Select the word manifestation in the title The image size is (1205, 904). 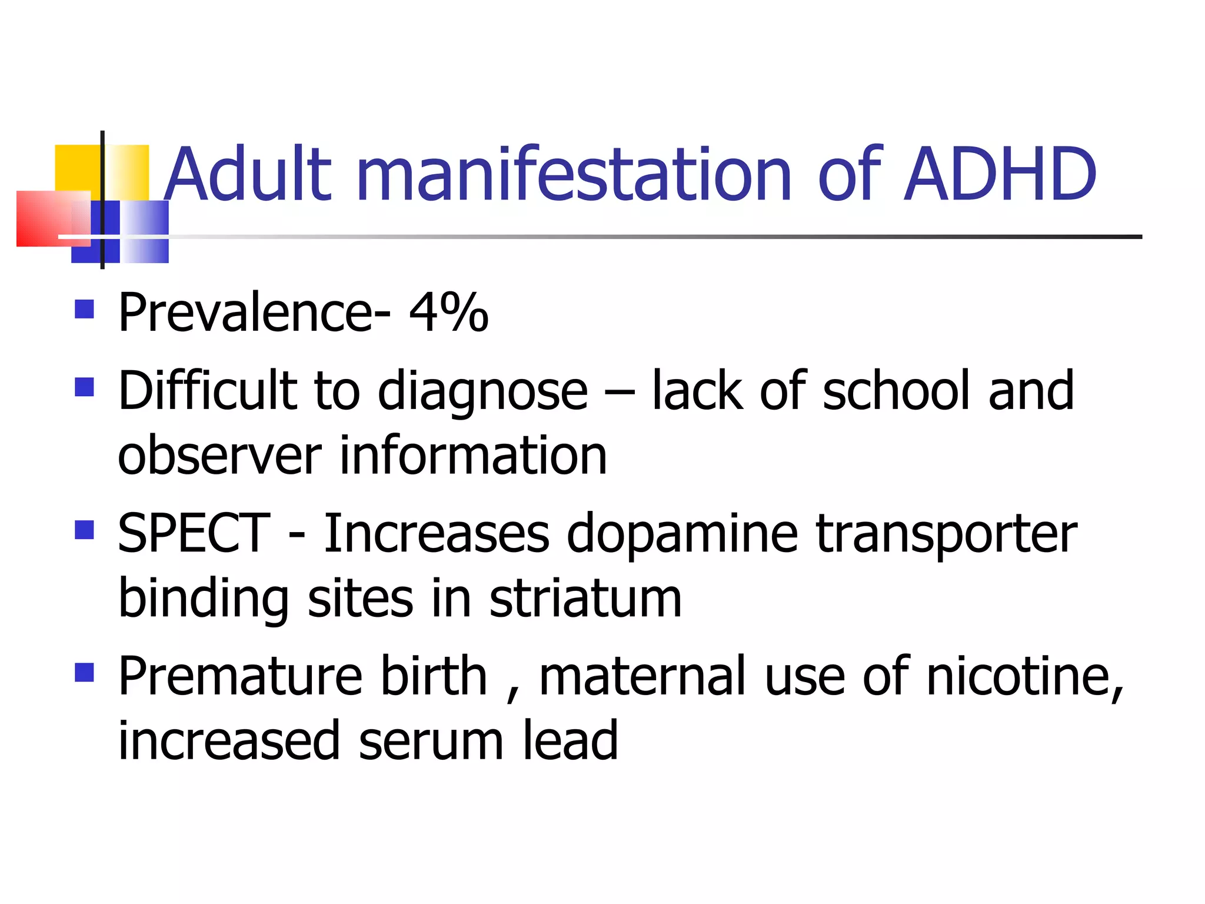point(573,174)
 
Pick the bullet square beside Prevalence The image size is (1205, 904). point(85,309)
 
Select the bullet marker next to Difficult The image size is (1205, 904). point(85,387)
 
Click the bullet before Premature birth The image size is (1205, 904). point(85,672)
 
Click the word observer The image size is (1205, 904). point(219,456)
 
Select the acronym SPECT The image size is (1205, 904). point(194,533)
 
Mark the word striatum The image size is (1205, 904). point(585,598)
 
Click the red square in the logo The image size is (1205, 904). point(44,218)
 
